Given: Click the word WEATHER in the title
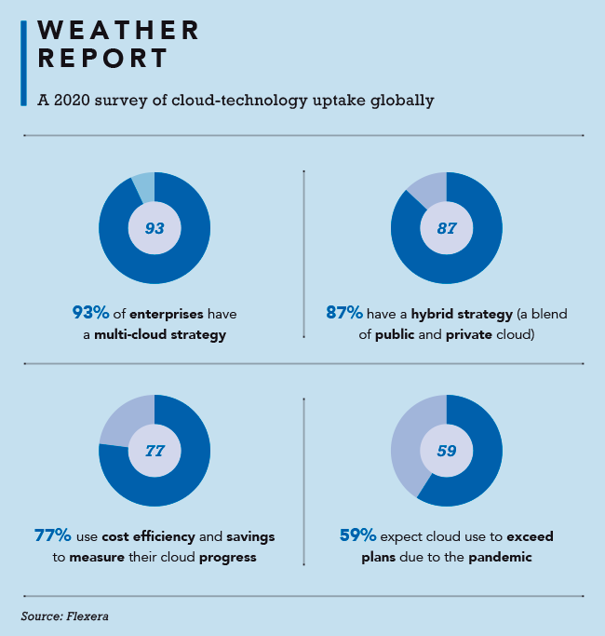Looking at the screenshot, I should pos(118,30).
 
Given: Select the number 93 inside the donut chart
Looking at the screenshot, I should pos(155,227).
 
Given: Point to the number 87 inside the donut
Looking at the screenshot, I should pos(447,227).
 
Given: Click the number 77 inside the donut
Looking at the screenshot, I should pos(155,451).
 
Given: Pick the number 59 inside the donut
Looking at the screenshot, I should pos(447,451).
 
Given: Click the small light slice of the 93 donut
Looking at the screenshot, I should pos(143,185).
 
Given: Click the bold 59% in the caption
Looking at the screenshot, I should pos(357,536).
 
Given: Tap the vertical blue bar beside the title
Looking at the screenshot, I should pos(23,63).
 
